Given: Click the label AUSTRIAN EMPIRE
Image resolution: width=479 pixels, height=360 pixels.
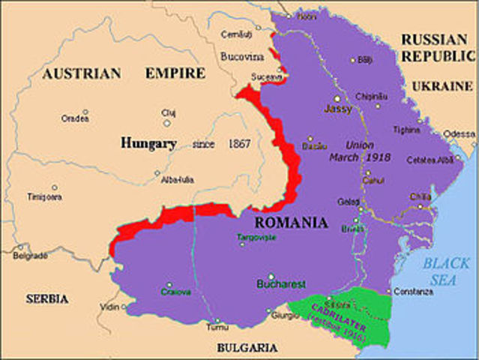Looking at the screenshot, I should point(124,73).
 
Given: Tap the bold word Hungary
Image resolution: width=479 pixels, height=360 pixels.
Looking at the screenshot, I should point(148,142).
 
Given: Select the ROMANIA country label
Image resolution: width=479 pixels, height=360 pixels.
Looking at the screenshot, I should point(291,223).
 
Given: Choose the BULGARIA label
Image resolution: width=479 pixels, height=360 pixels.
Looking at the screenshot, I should point(247,347).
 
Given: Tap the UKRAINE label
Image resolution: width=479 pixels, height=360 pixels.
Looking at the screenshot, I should point(442,86).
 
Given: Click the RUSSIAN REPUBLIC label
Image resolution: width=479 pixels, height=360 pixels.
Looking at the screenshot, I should point(438,48).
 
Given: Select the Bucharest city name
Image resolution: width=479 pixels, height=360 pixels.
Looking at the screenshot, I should point(281,284).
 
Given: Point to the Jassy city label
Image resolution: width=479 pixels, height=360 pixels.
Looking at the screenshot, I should point(337,109).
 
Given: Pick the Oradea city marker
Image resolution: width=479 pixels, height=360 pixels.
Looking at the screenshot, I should point(85,112).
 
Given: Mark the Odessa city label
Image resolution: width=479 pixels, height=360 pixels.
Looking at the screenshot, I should point(459,133).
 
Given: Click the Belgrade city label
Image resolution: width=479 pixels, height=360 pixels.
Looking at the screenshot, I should point(30,255).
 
